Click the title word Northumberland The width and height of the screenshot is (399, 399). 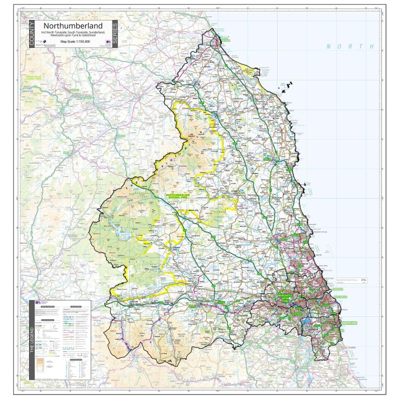[72, 26]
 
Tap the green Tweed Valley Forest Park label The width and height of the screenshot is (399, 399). [28, 77]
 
